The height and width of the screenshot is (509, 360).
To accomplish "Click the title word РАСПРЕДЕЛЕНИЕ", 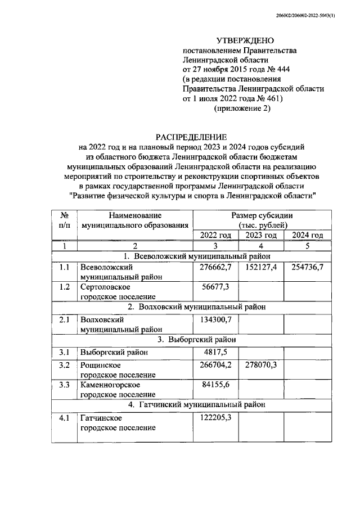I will [192, 137].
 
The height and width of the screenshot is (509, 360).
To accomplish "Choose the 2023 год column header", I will [262, 235].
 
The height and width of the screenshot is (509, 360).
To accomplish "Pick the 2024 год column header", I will [308, 235].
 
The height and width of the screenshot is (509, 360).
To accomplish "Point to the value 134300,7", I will [215, 319].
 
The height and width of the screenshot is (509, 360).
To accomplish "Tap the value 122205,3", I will [215, 418].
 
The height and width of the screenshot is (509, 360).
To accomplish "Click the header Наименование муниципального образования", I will [135, 220].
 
